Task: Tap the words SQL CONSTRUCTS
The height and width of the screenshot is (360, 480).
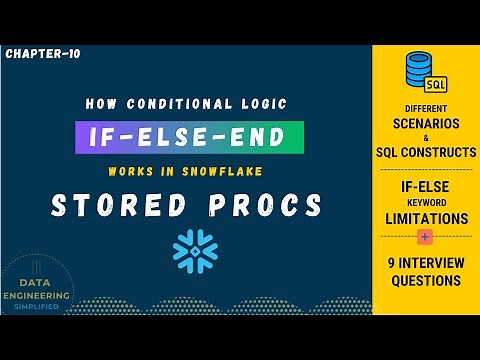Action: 426,153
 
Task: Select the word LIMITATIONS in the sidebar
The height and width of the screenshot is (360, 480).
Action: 426,218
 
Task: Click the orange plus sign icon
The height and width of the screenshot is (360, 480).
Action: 426,238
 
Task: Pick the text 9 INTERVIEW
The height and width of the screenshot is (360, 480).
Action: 426,263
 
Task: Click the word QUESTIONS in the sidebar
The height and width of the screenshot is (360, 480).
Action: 426,281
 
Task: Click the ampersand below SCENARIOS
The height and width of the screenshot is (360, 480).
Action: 426,138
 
